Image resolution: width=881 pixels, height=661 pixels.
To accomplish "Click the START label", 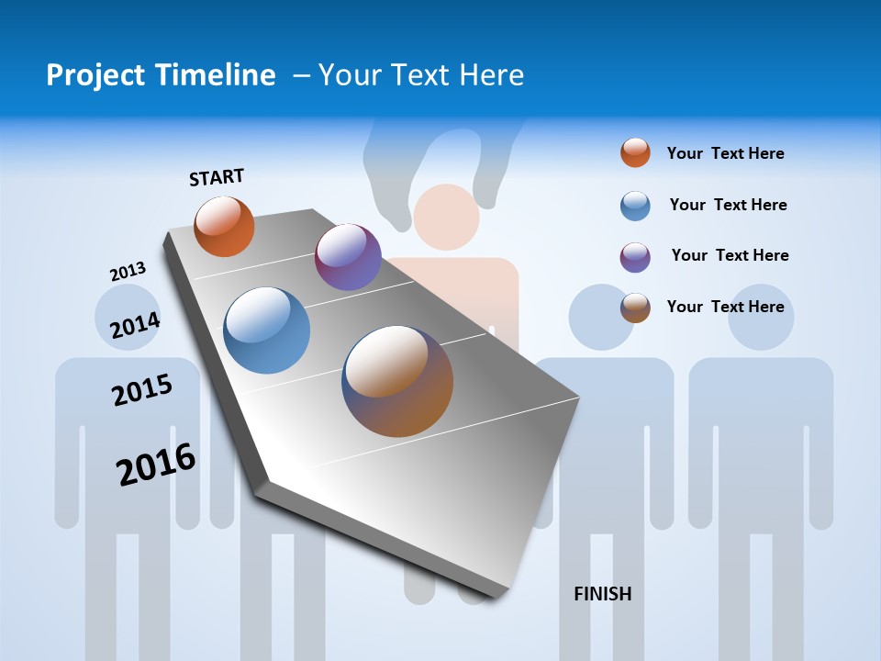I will (x=217, y=176).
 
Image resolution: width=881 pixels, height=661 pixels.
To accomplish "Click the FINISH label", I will (x=602, y=594).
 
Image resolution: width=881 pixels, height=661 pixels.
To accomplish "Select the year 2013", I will (x=128, y=272).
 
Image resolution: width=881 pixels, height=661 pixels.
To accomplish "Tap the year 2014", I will (x=135, y=325).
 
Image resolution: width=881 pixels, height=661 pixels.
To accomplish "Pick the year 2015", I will (x=141, y=390).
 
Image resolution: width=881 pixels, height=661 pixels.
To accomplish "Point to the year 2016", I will (x=156, y=465).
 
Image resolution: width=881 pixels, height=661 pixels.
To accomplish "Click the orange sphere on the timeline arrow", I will (x=224, y=226).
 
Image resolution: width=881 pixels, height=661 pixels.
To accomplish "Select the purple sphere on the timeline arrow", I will (x=348, y=257).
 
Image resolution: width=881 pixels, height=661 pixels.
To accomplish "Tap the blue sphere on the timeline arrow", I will (x=267, y=330).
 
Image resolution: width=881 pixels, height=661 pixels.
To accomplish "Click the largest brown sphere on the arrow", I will (x=397, y=381).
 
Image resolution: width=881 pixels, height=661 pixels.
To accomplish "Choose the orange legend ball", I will (x=635, y=152).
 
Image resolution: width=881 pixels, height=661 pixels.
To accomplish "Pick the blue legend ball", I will (x=635, y=206).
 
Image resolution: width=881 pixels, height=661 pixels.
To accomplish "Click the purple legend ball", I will (x=635, y=257).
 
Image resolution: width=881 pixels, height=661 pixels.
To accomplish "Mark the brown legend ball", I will (x=635, y=308).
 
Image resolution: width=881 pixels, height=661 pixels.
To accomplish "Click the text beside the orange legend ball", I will (x=725, y=153).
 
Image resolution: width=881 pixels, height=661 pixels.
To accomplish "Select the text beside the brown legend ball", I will (x=725, y=307).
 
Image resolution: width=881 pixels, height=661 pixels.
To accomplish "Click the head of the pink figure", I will (x=447, y=218).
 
